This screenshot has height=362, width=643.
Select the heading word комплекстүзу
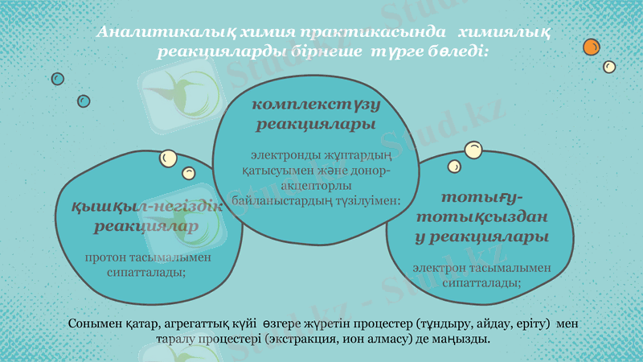point(316,105)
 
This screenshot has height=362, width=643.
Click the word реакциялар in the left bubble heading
point(146,227)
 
